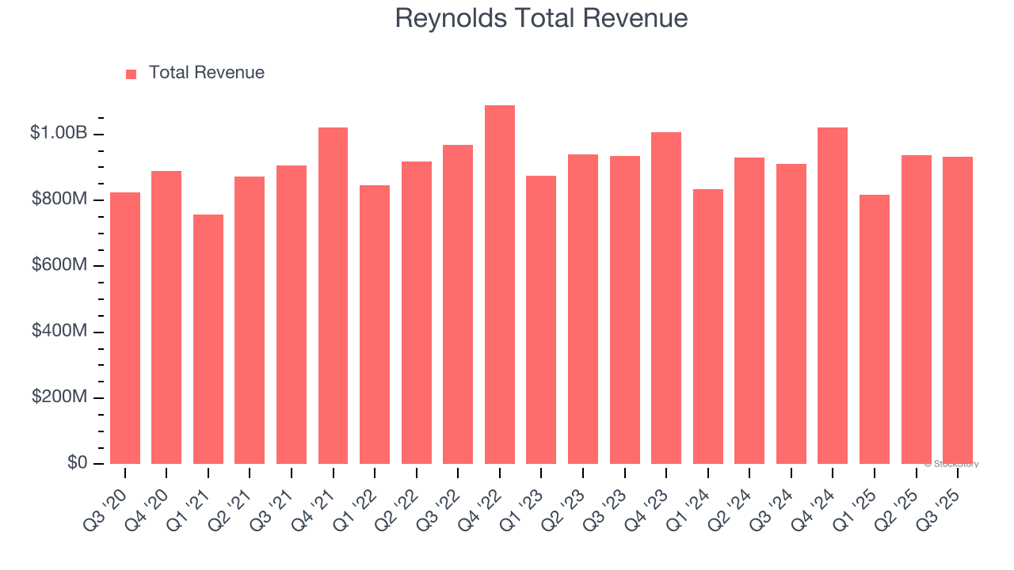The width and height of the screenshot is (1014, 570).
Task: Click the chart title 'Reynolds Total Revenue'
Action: (541, 18)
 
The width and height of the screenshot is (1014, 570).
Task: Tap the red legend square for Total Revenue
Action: (132, 74)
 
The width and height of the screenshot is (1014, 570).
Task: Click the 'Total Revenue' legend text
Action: (206, 73)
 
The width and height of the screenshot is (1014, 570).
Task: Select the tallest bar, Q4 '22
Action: (500, 285)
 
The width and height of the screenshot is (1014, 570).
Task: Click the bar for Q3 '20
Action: (125, 328)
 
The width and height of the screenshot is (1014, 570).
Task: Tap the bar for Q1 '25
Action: (875, 329)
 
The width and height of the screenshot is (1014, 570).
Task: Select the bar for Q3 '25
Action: (958, 310)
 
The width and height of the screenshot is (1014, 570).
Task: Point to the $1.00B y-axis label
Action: (59, 133)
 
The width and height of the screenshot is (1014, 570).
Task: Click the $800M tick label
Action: (59, 199)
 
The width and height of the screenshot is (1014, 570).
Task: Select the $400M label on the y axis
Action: (59, 331)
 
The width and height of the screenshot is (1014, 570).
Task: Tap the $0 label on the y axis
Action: (76, 462)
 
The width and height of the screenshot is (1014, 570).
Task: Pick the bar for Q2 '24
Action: (749, 310)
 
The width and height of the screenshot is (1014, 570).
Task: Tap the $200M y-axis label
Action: (59, 397)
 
